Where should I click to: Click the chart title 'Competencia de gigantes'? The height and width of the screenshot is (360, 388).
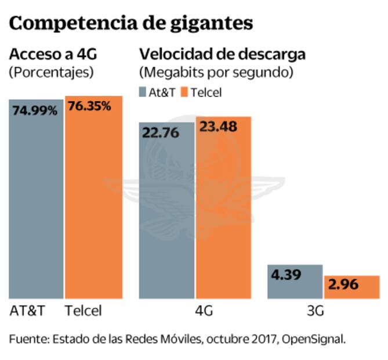(131, 23)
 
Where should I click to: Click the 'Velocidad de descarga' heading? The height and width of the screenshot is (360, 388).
(222, 55)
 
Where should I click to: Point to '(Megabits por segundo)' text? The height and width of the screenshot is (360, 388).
(216, 73)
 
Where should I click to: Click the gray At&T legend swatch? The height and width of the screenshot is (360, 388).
(143, 92)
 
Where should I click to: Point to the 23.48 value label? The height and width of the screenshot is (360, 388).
(218, 127)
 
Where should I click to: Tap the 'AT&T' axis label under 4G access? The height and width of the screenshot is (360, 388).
(27, 311)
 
